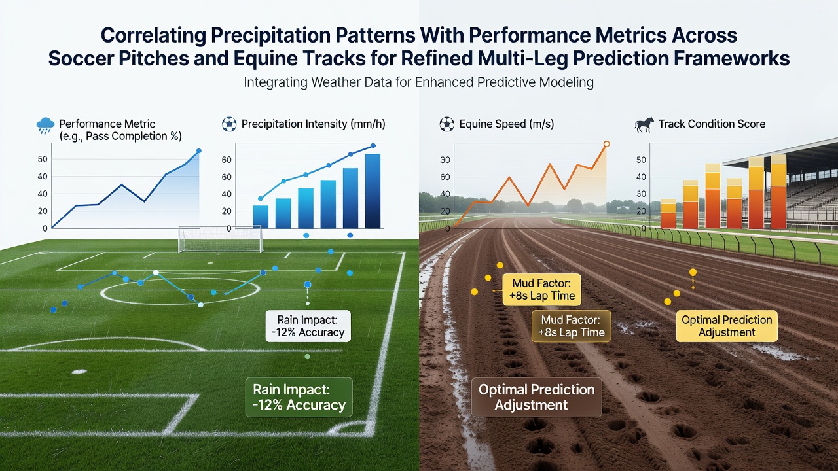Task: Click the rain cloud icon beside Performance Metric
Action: point(45,126)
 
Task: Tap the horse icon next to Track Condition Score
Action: point(644,124)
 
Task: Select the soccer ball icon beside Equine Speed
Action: point(446,124)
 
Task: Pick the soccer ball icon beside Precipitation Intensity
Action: point(229,124)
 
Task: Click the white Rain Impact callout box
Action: point(308,326)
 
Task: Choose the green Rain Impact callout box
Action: point(299,397)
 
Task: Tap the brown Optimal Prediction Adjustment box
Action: point(536,397)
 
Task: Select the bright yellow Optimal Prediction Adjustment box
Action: point(727,326)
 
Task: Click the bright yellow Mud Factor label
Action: point(541,290)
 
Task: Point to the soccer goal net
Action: point(221,239)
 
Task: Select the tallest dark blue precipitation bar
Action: point(373,191)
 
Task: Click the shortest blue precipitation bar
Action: point(261,217)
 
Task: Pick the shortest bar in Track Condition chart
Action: point(668,213)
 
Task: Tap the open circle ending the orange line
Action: point(607,144)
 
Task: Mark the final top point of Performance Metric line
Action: point(198,151)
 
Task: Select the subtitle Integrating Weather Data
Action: point(418,82)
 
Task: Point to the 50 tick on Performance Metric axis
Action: point(43,159)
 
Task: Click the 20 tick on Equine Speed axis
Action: point(445,211)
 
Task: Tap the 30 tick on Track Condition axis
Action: point(641,194)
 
